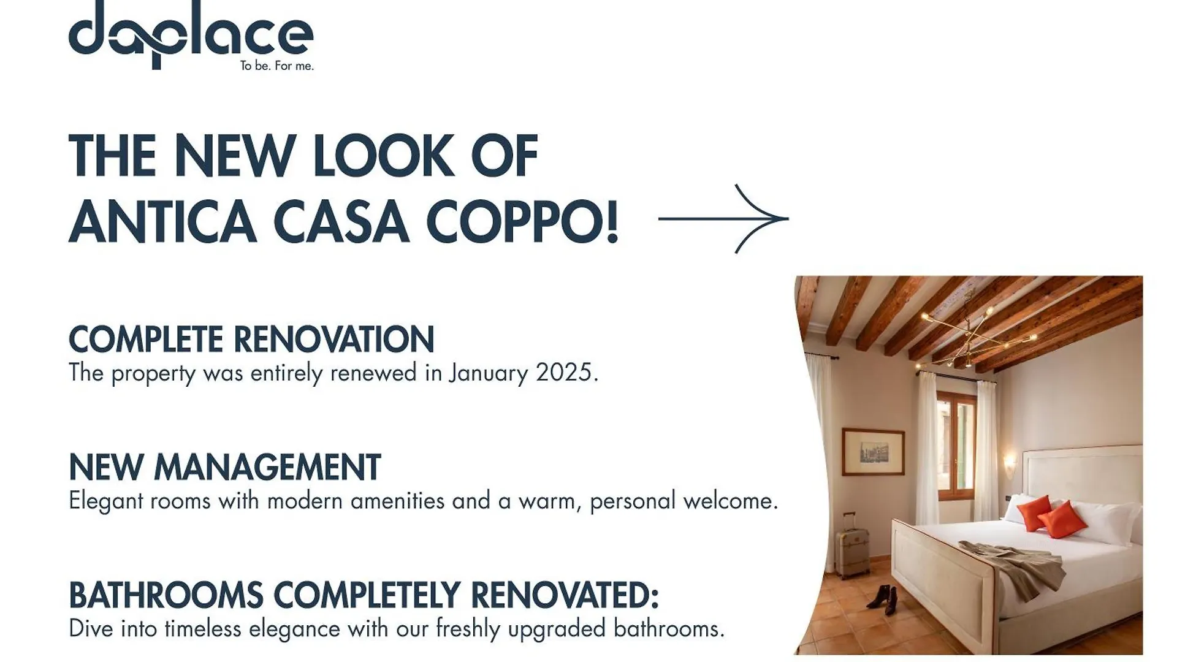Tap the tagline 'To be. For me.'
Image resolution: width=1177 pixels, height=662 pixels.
pos(276,66)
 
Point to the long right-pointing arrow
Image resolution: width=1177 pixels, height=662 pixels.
pos(723,218)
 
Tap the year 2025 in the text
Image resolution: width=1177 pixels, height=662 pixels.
pos(567,372)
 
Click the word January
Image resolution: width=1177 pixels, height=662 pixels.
pos(488,373)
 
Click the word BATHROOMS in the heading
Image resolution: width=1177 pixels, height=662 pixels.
pos(166,595)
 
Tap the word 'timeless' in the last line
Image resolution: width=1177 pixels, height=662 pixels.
pos(203,629)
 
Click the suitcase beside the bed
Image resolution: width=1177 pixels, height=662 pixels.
pos(851,546)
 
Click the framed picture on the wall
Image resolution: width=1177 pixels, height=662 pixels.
pos(873,452)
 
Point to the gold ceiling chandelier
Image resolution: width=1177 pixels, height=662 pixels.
pos(975,334)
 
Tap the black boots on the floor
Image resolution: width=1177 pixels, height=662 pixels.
pos(883,599)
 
